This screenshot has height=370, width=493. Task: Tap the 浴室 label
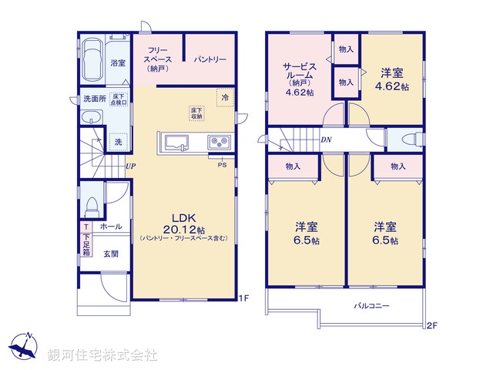point(118,62)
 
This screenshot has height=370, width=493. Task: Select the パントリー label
point(209,59)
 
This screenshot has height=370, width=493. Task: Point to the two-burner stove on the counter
point(217,143)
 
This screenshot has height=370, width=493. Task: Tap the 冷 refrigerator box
point(225,98)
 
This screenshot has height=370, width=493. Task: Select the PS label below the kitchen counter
point(222,164)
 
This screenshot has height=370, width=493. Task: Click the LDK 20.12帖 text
point(183,223)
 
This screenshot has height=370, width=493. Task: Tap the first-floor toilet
point(91,206)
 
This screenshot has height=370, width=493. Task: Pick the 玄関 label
point(112,254)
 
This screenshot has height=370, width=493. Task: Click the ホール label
point(109,227)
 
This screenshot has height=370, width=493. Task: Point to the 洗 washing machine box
point(118,142)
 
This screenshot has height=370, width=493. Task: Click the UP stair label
point(131,166)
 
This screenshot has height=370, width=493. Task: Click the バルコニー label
point(371,305)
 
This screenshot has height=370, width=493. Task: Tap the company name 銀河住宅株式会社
point(102,355)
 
